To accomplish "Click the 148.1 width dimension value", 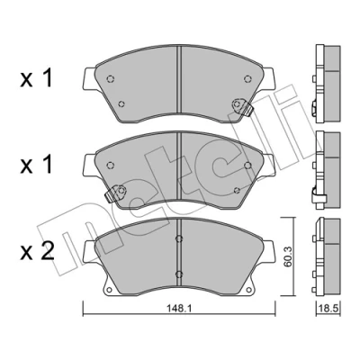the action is click(180, 308).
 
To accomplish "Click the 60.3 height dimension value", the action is click(287, 256).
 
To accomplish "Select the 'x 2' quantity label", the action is click(37, 251).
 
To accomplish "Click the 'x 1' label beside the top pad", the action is click(37, 78).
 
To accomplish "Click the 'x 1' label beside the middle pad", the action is click(37, 165).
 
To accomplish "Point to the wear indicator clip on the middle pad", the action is click(116, 193).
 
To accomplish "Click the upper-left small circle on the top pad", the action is click(111, 79).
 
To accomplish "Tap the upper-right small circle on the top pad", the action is click(247, 79).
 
